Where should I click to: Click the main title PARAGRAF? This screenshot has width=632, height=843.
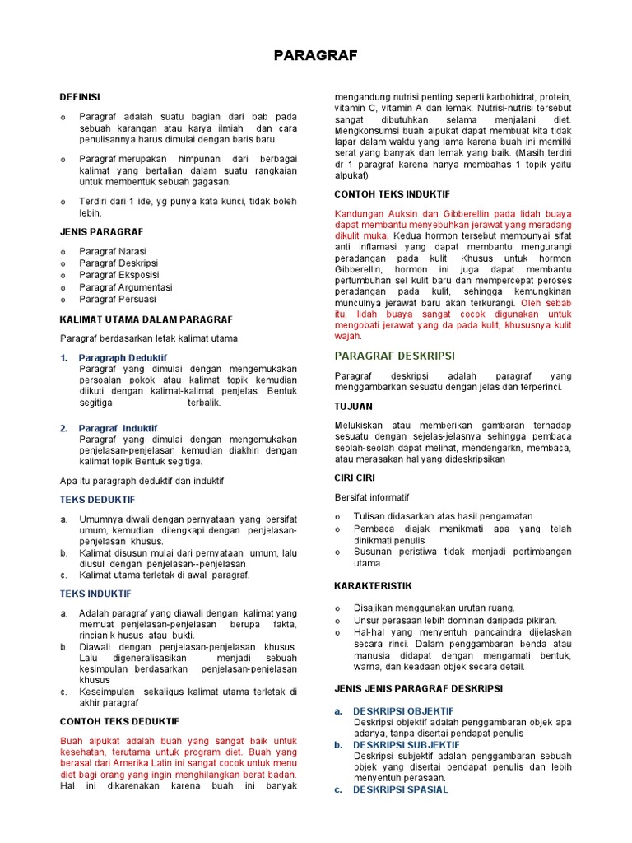point(316,55)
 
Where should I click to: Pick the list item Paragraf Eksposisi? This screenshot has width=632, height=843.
point(119,275)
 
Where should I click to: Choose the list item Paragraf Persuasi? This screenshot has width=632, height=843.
point(118,299)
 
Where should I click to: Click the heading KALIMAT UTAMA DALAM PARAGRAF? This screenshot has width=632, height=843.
point(146,319)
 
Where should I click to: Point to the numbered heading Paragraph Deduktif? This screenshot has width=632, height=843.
point(123,358)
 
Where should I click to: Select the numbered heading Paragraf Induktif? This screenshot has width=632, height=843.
point(118,428)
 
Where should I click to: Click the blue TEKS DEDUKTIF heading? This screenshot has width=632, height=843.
point(97,500)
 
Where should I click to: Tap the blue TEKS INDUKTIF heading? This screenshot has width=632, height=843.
point(95,593)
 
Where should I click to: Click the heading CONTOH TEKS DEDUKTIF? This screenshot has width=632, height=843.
point(119,721)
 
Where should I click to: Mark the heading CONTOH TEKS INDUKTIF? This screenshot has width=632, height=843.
point(392,193)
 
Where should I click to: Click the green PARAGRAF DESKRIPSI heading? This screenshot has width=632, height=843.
point(394,356)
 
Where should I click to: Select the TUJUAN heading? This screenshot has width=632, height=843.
point(353,407)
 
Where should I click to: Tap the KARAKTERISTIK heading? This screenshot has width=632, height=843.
point(373,585)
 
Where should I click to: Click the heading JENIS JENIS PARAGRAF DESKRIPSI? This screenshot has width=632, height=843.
point(418,688)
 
